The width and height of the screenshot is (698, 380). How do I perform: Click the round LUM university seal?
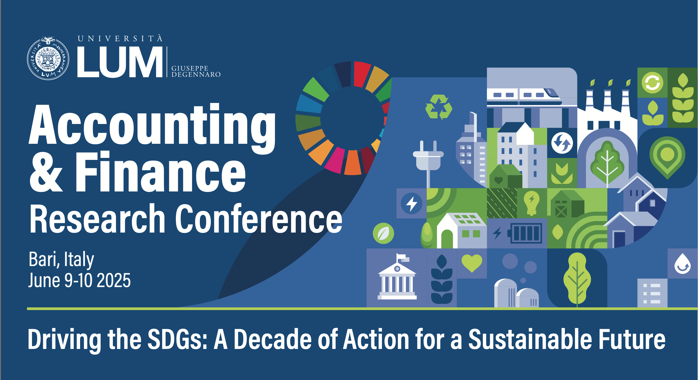tap(48, 59)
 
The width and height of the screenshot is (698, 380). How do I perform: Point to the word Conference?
tap(259, 219)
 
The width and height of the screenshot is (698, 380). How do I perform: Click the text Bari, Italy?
tap(62, 260)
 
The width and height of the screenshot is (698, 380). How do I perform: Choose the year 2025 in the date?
tap(114, 280)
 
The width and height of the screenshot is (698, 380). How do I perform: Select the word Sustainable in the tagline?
tap(530, 339)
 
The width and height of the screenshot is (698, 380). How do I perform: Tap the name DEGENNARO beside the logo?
tap(196, 75)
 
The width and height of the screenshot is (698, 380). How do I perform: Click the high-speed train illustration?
tap(524, 97)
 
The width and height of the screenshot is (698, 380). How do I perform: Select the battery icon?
tap(525, 233)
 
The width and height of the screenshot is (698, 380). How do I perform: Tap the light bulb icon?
tap(532, 203)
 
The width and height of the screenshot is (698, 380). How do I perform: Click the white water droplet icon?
tap(682, 264)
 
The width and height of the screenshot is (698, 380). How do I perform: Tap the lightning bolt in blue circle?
tap(412, 203)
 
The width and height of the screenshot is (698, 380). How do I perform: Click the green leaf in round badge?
tap(383, 233)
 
